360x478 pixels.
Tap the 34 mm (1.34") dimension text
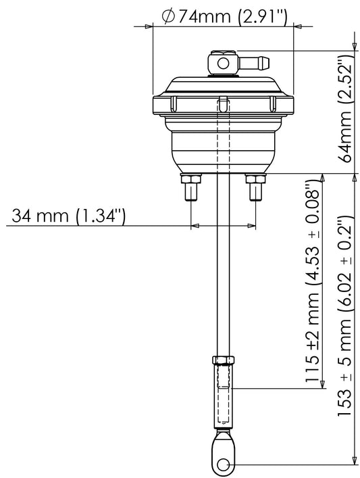click(68, 216)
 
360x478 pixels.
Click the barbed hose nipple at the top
click(254, 63)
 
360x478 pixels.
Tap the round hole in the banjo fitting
click(223, 64)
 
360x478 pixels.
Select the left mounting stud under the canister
click(191, 187)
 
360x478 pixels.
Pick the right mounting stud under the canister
click(256, 187)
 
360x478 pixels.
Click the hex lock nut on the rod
click(224, 360)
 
